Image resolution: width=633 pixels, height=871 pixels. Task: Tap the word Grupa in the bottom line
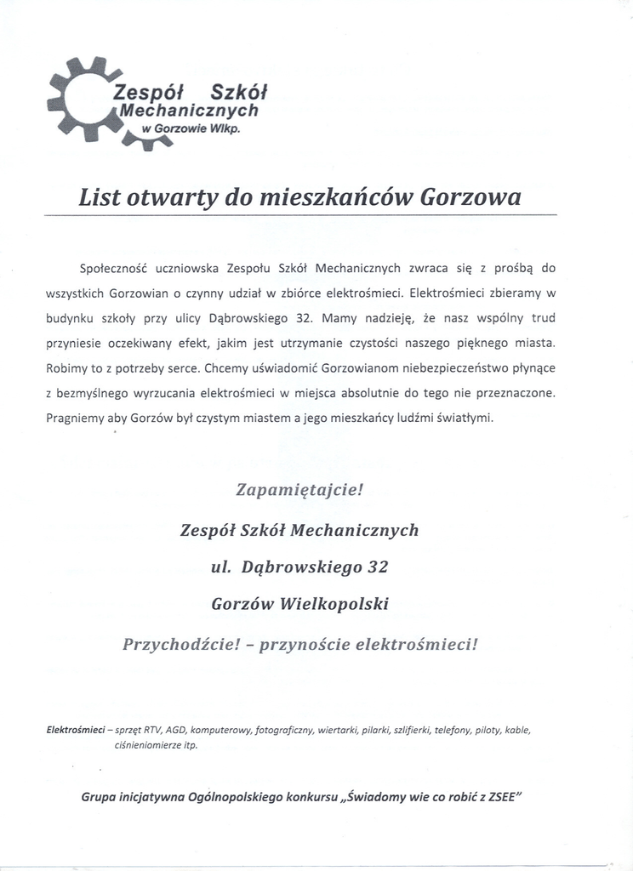[x=100, y=799]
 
